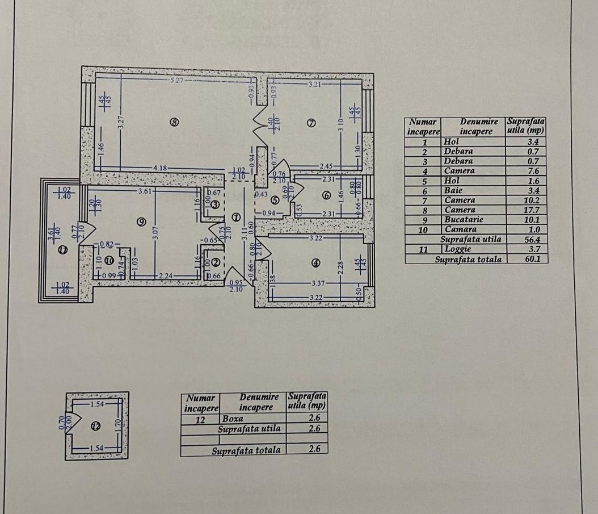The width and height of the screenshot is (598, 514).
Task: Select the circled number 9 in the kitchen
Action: click(x=141, y=223)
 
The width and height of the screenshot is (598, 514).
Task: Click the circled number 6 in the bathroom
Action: click(x=326, y=195)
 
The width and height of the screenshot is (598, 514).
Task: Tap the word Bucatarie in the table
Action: click(x=464, y=219)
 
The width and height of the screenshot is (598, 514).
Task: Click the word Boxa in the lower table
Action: click(x=233, y=419)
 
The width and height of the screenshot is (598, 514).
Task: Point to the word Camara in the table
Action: click(x=460, y=229)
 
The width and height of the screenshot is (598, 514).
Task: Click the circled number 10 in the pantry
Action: click(x=110, y=261)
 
